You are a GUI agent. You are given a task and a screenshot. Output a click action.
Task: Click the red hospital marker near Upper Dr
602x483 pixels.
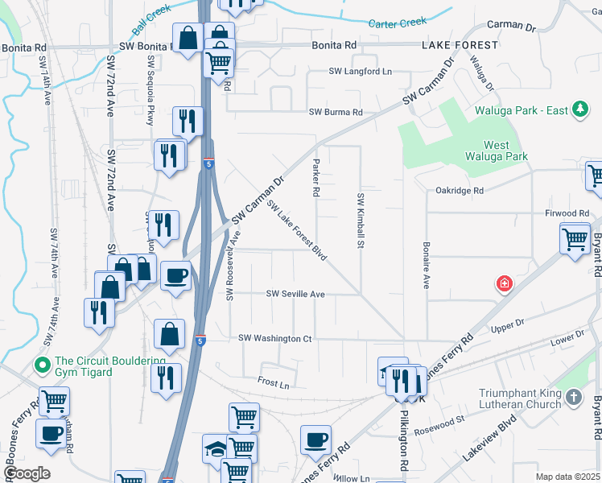pos(505,283)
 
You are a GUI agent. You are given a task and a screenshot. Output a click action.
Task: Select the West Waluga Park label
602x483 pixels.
pos(506,151)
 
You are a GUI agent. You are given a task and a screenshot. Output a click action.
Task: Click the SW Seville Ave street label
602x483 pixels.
pos(295,295)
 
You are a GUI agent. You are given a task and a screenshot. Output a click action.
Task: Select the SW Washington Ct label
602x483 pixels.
pos(274,339)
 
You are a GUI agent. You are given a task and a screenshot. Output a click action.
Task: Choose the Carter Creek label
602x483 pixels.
pos(397,24)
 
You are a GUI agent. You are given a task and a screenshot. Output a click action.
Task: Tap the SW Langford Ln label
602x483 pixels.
pos(360,72)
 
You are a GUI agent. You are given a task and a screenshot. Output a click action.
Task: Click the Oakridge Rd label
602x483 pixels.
pos(459,191)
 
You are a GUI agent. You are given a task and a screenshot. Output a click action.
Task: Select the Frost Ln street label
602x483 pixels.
pos(273,380)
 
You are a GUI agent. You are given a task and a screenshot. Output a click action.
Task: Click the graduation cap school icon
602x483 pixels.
pos(216,448)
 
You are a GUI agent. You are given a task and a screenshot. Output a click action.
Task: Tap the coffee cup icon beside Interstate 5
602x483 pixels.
pos(175,276)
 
